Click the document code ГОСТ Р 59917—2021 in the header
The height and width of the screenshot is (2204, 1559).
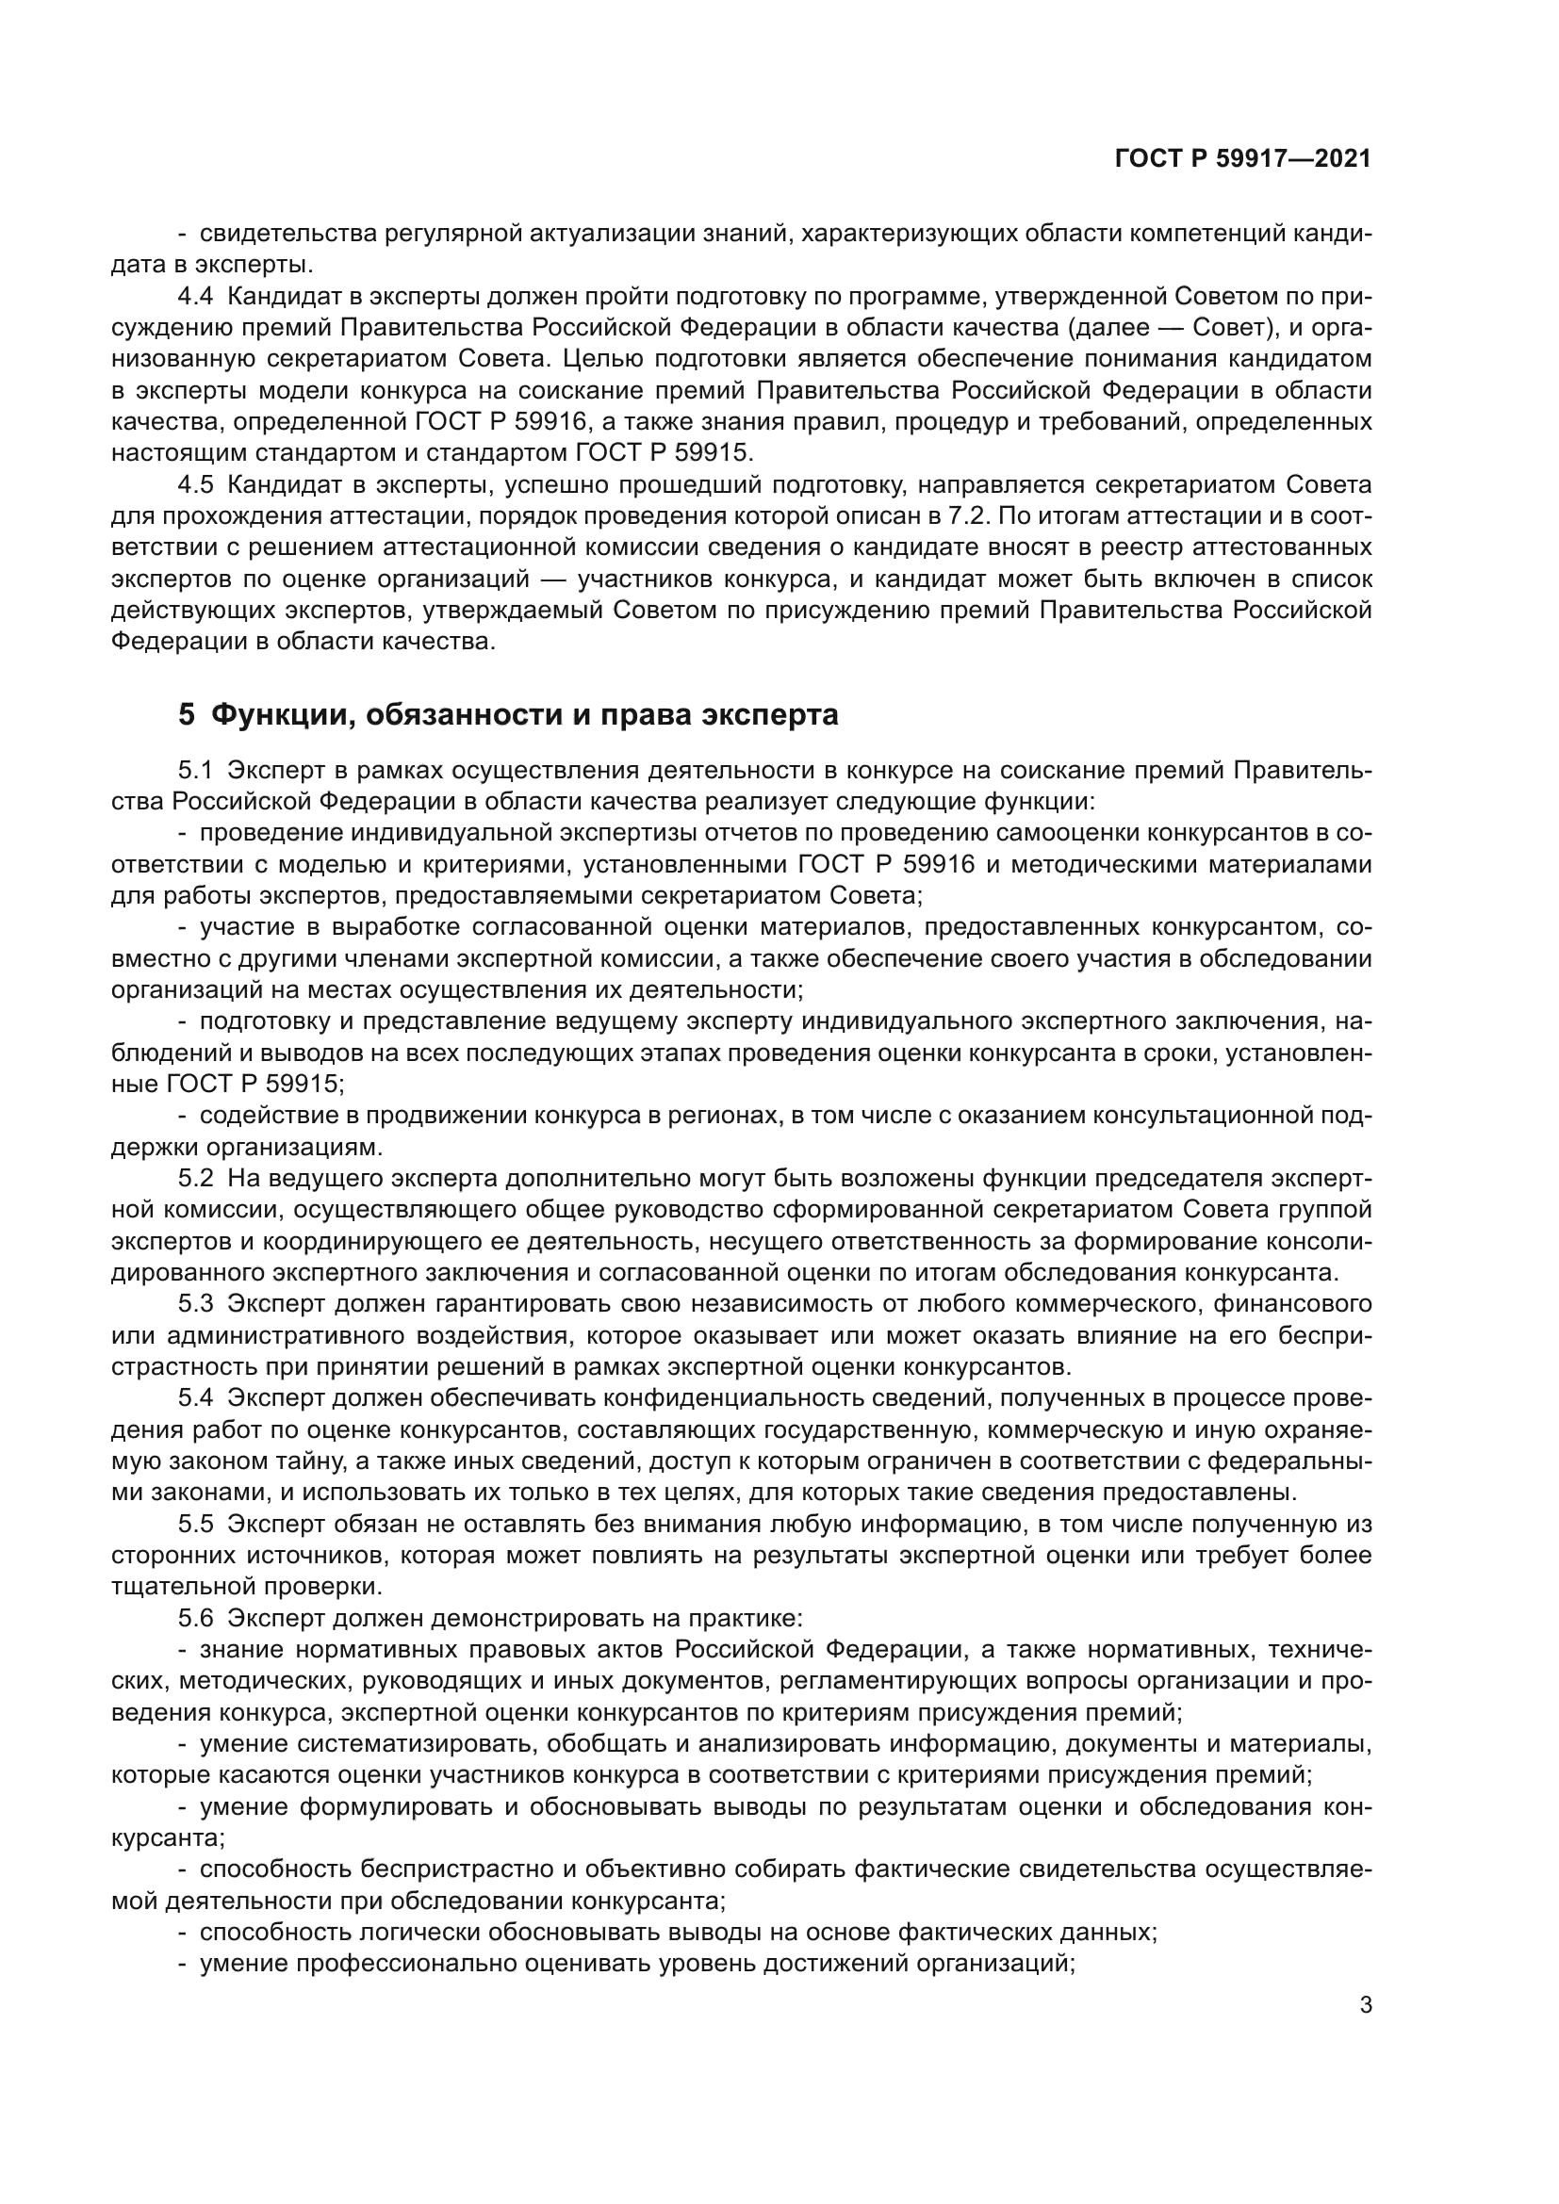point(1242,159)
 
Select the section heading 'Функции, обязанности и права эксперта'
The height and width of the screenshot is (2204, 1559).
point(523,715)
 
